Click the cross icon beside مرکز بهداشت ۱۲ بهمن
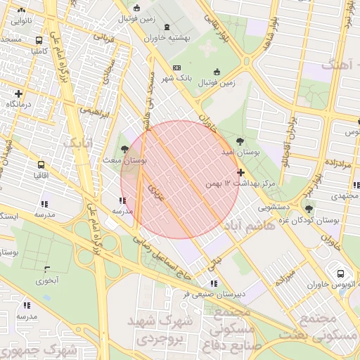coord(241,172)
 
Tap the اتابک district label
coord(79,143)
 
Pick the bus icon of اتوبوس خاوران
coord(340,274)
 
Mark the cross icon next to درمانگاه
coord(18,94)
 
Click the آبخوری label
coord(47,281)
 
